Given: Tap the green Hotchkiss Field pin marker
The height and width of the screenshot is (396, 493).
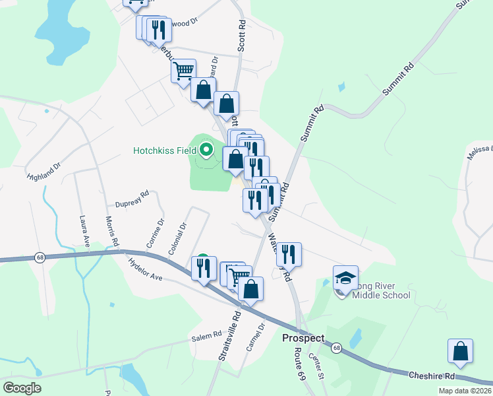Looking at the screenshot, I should pos(206,150).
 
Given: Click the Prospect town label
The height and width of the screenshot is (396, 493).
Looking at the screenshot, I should pos(303,338).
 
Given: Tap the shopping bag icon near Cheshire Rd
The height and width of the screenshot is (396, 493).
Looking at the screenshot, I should pos(460,352).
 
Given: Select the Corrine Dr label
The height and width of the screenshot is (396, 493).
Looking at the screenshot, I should pos(155,234).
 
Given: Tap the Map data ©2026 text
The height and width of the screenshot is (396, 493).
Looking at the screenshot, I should pos(464,391).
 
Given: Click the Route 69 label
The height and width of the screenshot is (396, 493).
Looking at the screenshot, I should pos(302,358).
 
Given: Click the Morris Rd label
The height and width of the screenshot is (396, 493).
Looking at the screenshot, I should pos(113,232).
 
